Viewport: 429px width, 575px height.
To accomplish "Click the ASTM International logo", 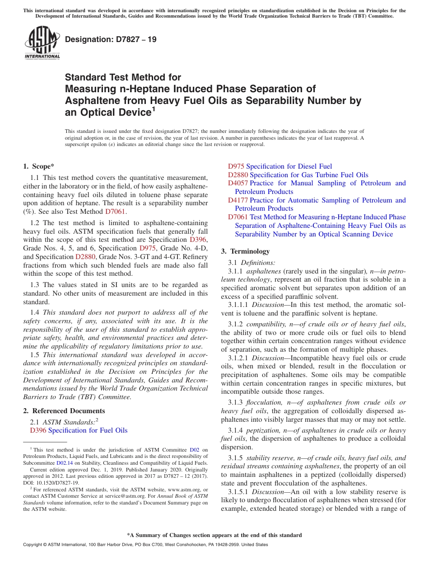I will point(42,43).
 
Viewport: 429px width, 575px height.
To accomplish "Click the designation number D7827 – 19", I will point(111,39).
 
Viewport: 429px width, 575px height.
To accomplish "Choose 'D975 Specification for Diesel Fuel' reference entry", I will point(280,166).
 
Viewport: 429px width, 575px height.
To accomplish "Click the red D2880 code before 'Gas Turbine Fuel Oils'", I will point(238,175).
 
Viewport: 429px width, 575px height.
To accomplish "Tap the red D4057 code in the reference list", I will point(238,183).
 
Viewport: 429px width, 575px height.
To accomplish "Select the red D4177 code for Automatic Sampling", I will point(238,200).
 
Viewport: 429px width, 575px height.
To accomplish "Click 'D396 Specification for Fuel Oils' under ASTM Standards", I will point(79,430).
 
